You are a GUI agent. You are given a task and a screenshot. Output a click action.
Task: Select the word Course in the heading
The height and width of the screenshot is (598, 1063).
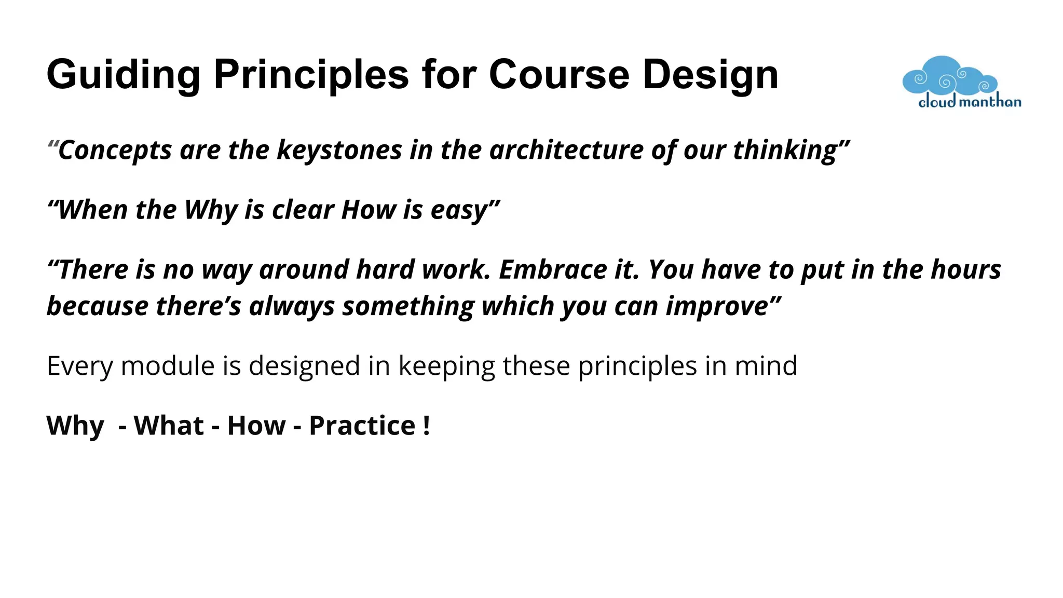559,74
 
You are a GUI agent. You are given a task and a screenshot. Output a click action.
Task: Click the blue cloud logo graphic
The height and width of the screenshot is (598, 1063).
949,76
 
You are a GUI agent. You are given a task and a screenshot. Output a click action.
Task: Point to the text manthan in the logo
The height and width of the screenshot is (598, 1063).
990,102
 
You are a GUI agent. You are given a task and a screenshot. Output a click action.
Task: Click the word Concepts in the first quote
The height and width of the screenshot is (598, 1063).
115,151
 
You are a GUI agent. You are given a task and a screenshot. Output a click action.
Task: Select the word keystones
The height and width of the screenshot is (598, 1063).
339,150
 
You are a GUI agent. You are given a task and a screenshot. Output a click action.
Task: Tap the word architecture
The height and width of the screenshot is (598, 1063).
566,150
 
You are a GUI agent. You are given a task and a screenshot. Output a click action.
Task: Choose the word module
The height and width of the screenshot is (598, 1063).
168,365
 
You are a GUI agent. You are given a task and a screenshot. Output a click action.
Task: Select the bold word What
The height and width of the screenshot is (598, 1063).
169,426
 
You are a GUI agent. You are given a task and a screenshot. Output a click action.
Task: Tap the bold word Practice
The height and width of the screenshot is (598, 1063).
362,426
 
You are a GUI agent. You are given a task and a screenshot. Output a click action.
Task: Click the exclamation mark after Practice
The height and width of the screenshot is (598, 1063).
427,426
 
